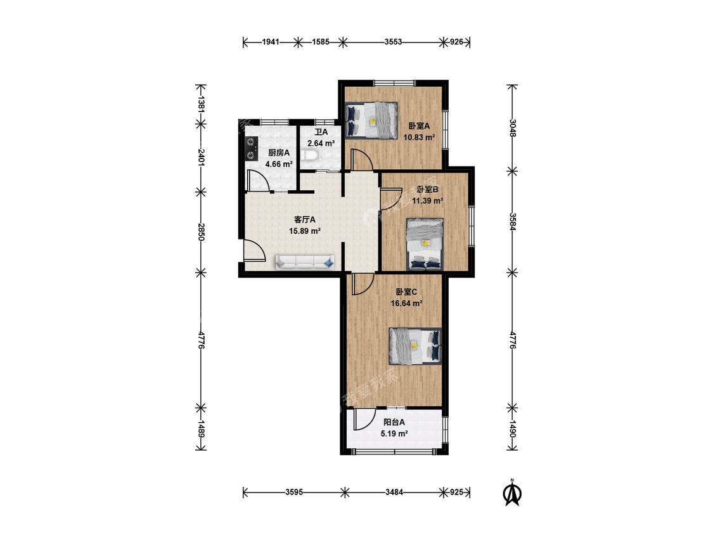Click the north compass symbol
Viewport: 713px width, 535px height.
[x=512, y=493]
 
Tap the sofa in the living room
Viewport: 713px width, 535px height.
[x=305, y=262]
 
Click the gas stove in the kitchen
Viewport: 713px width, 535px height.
[x=250, y=149]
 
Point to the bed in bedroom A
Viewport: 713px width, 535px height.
[x=371, y=120]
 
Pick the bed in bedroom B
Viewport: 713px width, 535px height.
[x=424, y=244]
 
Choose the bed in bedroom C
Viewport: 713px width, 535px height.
[x=415, y=346]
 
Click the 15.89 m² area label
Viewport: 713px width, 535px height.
[x=305, y=231]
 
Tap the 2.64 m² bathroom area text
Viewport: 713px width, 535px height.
[x=321, y=143]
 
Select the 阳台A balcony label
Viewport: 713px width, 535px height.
[x=394, y=422]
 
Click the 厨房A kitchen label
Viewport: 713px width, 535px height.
[x=279, y=153]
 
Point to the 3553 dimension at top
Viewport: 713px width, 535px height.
[x=394, y=42]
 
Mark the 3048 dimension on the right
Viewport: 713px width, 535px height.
[x=513, y=128]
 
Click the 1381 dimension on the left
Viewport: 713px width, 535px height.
[x=200, y=104]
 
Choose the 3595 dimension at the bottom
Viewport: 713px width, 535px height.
[x=294, y=493]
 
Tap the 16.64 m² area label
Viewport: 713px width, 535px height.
[x=407, y=303]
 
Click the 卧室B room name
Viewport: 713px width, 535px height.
[x=427, y=190]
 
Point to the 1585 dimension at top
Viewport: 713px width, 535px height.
[x=321, y=42]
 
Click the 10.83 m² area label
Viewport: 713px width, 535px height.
[x=420, y=136]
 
